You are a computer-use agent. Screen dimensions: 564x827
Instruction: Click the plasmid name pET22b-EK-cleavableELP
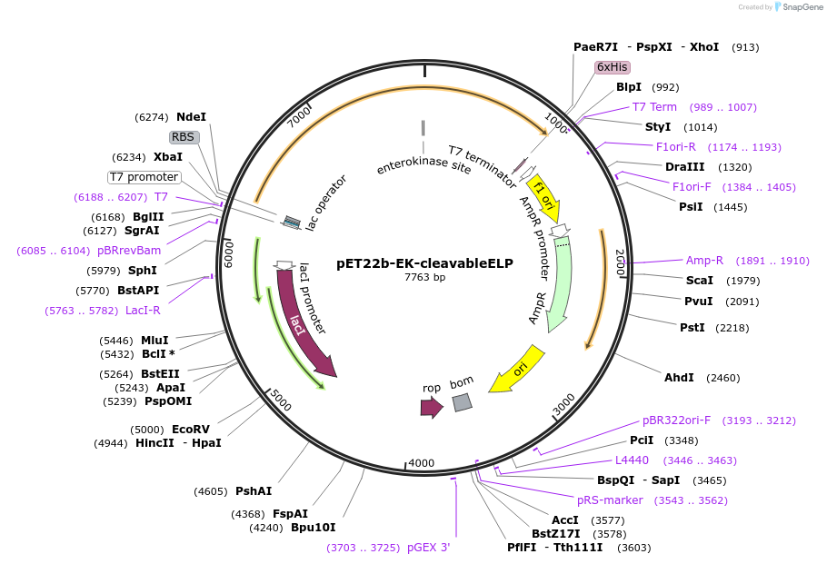tap(424, 263)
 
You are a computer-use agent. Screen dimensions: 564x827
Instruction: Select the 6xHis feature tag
tap(612, 67)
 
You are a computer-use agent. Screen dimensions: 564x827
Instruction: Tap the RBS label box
tap(184, 137)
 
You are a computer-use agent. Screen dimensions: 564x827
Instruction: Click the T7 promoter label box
tap(144, 177)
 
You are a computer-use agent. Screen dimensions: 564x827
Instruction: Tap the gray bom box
tap(463, 402)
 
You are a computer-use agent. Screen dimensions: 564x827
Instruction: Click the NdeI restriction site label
tap(191, 117)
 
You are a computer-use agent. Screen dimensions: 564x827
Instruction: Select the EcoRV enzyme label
tap(191, 430)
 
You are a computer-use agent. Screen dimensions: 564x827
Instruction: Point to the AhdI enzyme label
tap(678, 377)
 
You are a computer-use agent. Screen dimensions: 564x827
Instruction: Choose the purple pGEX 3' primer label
tap(428, 548)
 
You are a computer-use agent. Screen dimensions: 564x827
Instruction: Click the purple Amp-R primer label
tap(704, 261)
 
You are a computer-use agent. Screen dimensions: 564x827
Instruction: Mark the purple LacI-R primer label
tap(143, 311)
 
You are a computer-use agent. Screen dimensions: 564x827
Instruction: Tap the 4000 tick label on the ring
tap(422, 463)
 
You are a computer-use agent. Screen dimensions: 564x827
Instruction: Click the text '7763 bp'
tap(424, 278)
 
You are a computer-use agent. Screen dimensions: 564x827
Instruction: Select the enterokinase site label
tap(423, 167)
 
